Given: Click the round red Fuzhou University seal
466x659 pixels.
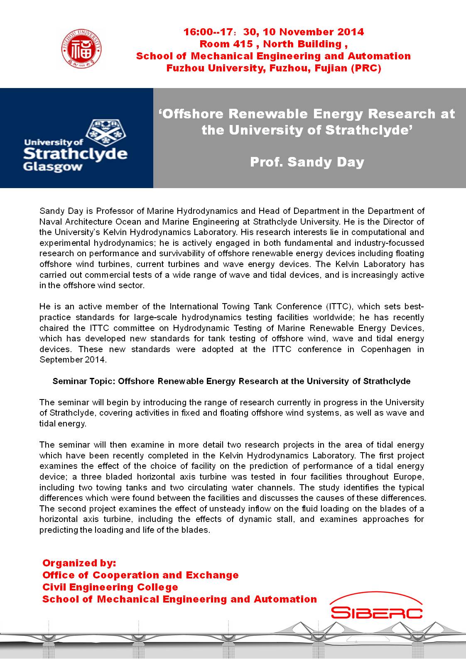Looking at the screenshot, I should (81, 49).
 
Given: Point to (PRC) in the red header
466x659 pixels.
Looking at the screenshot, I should (365, 68).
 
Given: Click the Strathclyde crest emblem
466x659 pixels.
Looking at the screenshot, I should (106, 133).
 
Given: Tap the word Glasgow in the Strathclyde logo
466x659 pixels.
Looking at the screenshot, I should (53, 167).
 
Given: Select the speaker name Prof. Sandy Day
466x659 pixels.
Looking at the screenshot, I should (307, 162).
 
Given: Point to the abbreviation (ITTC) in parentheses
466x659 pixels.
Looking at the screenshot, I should (338, 307).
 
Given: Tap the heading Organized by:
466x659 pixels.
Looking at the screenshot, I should (79, 563).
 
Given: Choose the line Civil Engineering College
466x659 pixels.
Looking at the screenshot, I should (110, 587).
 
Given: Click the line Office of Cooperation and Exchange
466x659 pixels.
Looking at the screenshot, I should (140, 575).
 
